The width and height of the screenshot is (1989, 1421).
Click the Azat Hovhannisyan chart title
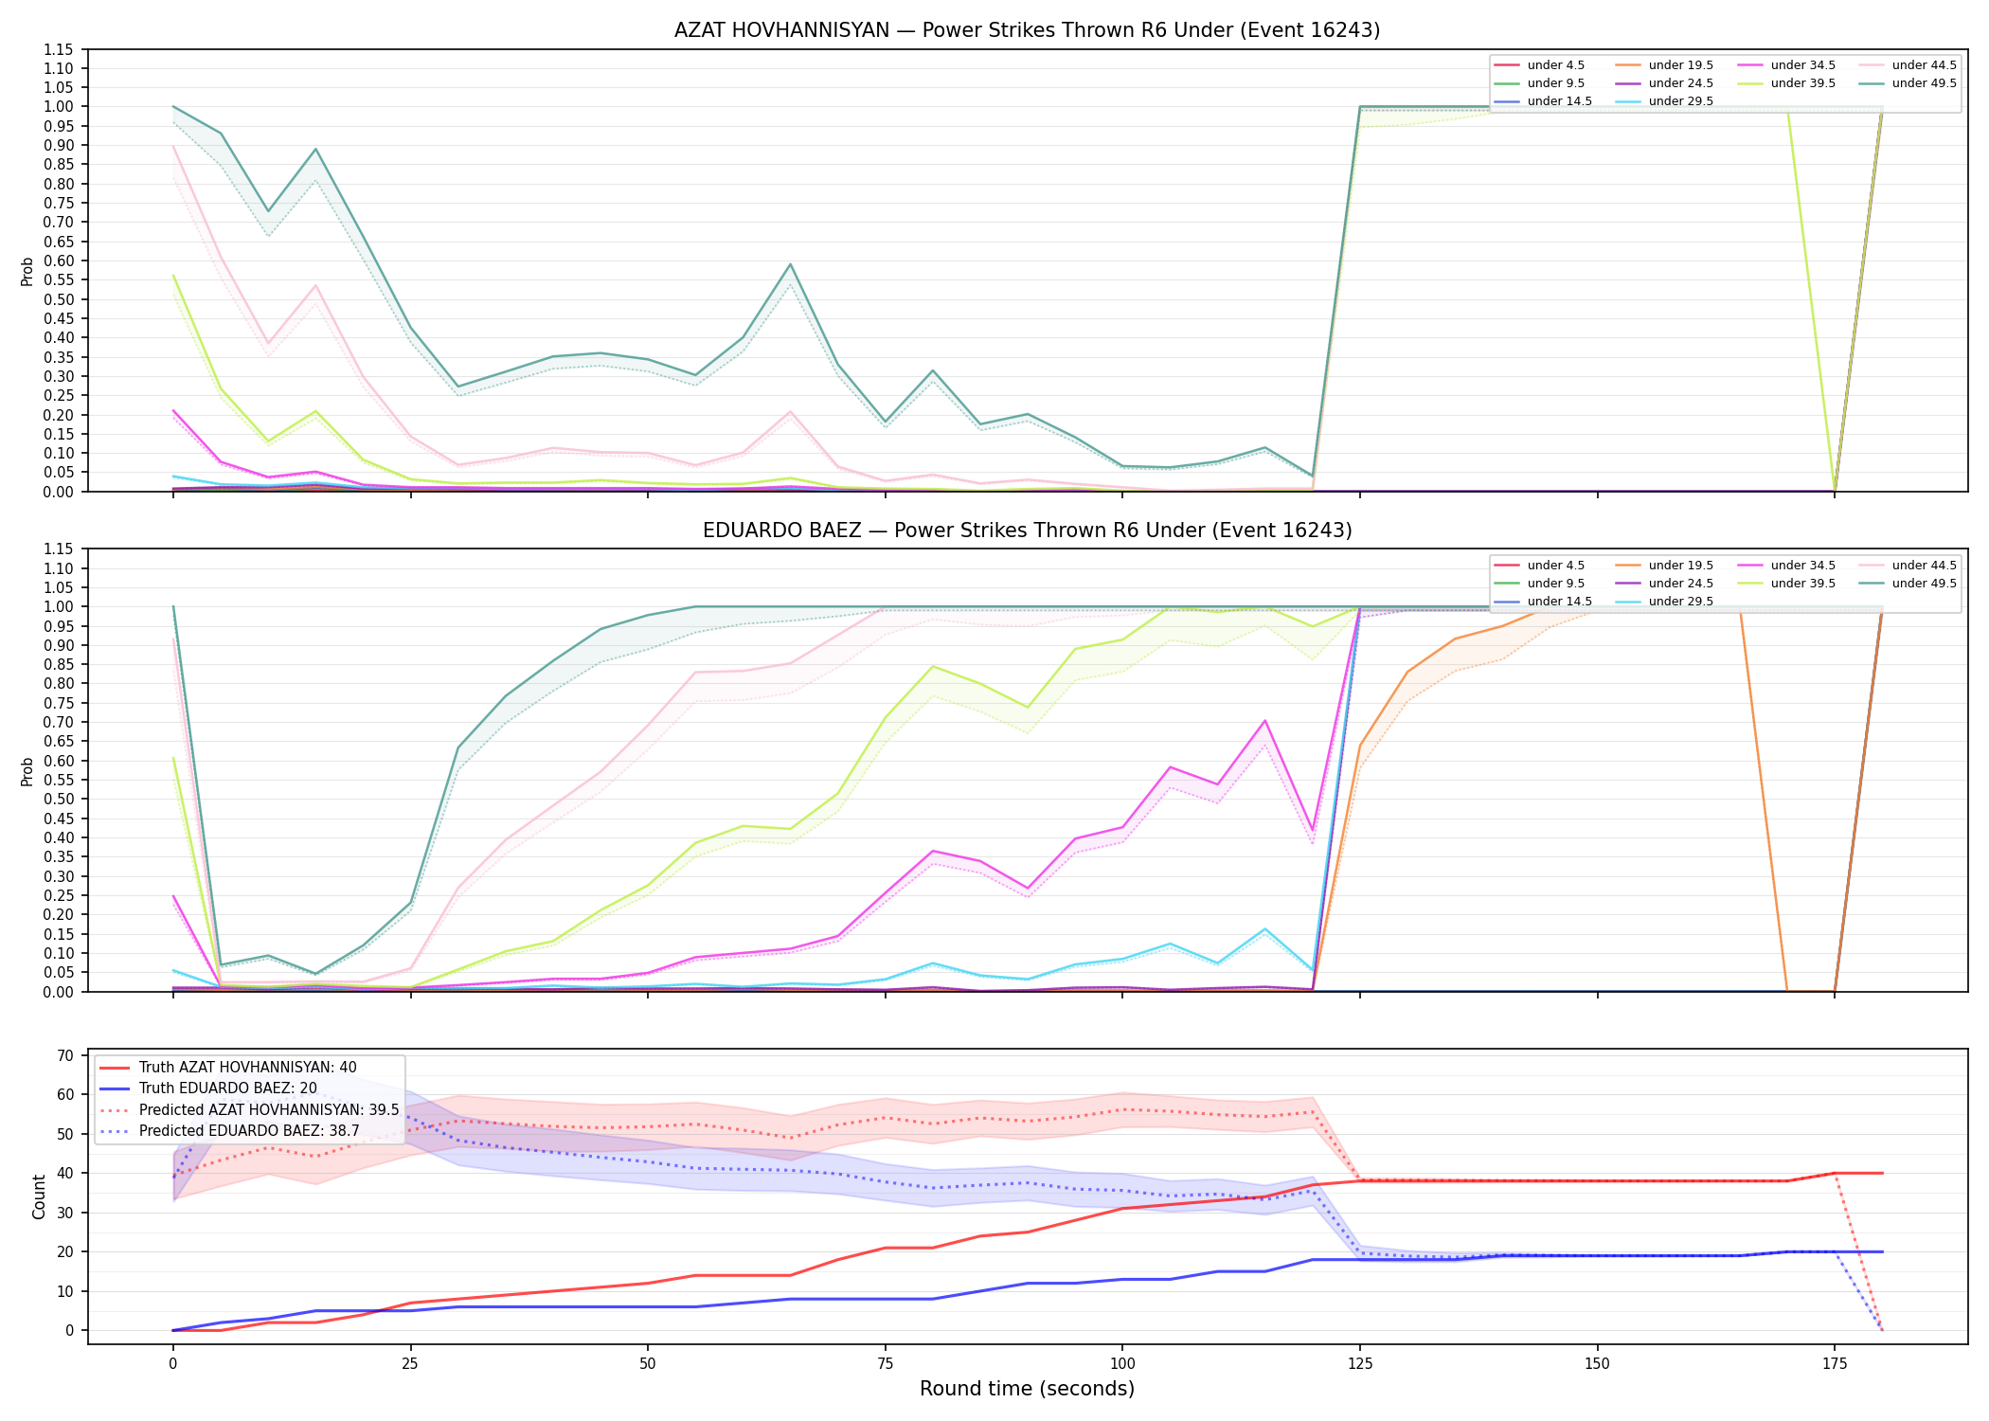[x=1027, y=30]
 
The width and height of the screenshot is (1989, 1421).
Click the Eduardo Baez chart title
[x=1027, y=531]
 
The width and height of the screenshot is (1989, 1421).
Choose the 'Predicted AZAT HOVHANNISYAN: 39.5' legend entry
[x=249, y=1109]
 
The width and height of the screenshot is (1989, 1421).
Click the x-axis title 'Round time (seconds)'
[x=1027, y=1389]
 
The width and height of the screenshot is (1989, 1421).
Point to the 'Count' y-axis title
[x=39, y=1196]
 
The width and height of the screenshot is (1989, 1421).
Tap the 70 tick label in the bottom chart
[x=66, y=1055]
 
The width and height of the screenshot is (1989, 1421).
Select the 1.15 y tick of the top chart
[x=60, y=49]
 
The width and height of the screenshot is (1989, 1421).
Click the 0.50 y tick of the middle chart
[x=60, y=799]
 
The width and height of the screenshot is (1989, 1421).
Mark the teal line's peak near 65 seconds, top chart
[x=790, y=264]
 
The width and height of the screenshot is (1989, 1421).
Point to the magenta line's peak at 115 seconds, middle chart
[x=1264, y=721]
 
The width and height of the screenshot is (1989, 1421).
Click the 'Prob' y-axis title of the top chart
[x=27, y=271]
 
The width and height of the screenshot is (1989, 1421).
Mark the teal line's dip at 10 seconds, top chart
[x=268, y=211]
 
